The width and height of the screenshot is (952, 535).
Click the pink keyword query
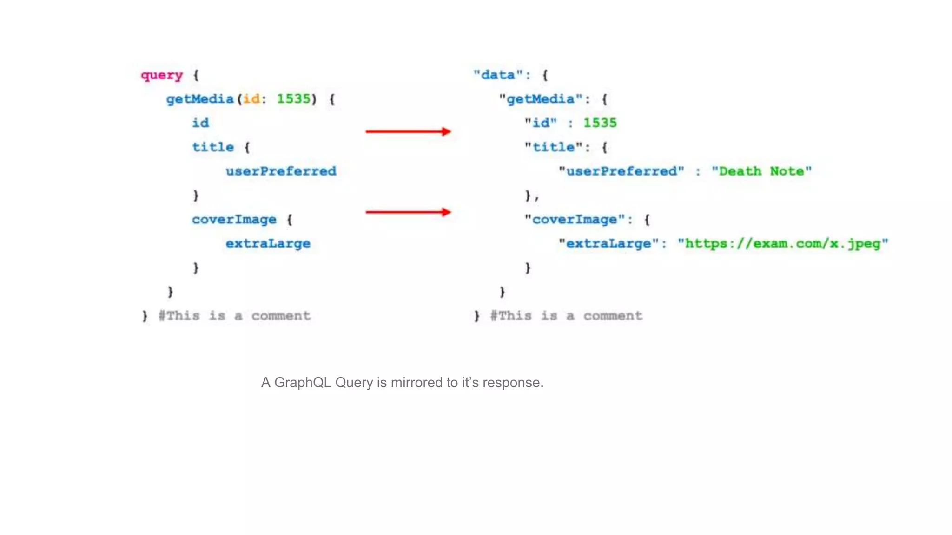pyautogui.click(x=162, y=75)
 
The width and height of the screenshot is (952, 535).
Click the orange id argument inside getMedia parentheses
pyautogui.click(x=251, y=99)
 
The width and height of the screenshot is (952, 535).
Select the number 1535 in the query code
pyautogui.click(x=293, y=99)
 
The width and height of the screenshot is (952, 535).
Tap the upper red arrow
pyautogui.click(x=408, y=132)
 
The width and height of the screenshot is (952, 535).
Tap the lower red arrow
pyautogui.click(x=408, y=213)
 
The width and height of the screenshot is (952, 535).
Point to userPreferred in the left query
pyautogui.click(x=281, y=171)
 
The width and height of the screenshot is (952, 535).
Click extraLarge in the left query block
pyautogui.click(x=268, y=244)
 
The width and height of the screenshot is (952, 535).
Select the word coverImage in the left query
pyautogui.click(x=234, y=220)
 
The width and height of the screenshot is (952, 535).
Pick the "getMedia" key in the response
pyautogui.click(x=541, y=99)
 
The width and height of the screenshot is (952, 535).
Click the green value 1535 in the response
pyautogui.click(x=600, y=123)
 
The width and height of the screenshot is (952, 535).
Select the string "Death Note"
pyautogui.click(x=761, y=171)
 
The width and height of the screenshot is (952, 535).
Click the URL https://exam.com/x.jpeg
pyautogui.click(x=783, y=244)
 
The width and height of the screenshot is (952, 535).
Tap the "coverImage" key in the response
pyautogui.click(x=574, y=220)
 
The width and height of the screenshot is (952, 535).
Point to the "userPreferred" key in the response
pyautogui.click(x=621, y=171)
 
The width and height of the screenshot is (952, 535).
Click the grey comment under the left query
pyautogui.click(x=234, y=316)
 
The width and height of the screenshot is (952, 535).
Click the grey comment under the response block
pyautogui.click(x=566, y=316)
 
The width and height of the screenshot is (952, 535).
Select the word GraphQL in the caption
pyautogui.click(x=303, y=383)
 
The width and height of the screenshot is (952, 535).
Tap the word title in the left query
pyautogui.click(x=213, y=147)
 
